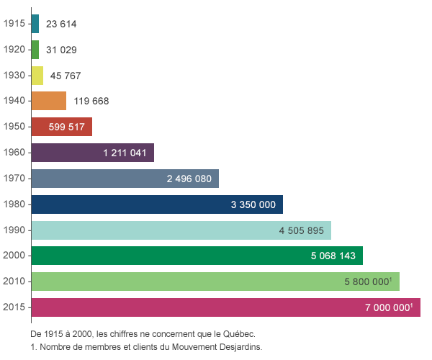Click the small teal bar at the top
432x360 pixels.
pos(36,24)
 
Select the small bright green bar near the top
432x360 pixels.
pos(36,50)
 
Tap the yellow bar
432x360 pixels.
pos(38,76)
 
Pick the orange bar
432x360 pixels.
pos(50,101)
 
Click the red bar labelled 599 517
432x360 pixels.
pos(62,127)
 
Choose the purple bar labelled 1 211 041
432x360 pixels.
pos(93,153)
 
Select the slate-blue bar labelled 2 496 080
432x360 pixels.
pos(125,179)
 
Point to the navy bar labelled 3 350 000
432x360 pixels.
pos(158,204)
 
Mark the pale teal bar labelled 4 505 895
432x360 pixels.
pos(181,230)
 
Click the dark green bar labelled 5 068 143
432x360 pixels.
pos(197,256)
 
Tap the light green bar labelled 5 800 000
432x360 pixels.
pos(216,282)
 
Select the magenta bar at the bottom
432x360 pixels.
pos(226,307)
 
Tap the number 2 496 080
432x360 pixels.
pos(189,179)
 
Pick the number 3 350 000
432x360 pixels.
pos(253,204)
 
